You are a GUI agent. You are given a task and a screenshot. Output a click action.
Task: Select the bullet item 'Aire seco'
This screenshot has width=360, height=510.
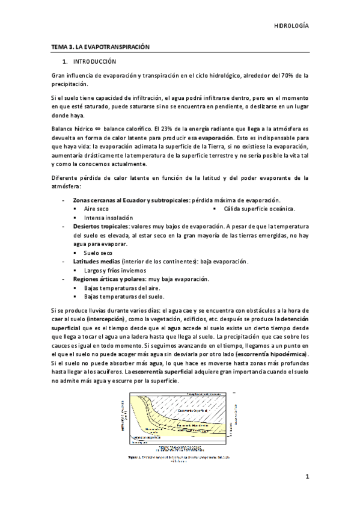(x=96, y=208)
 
